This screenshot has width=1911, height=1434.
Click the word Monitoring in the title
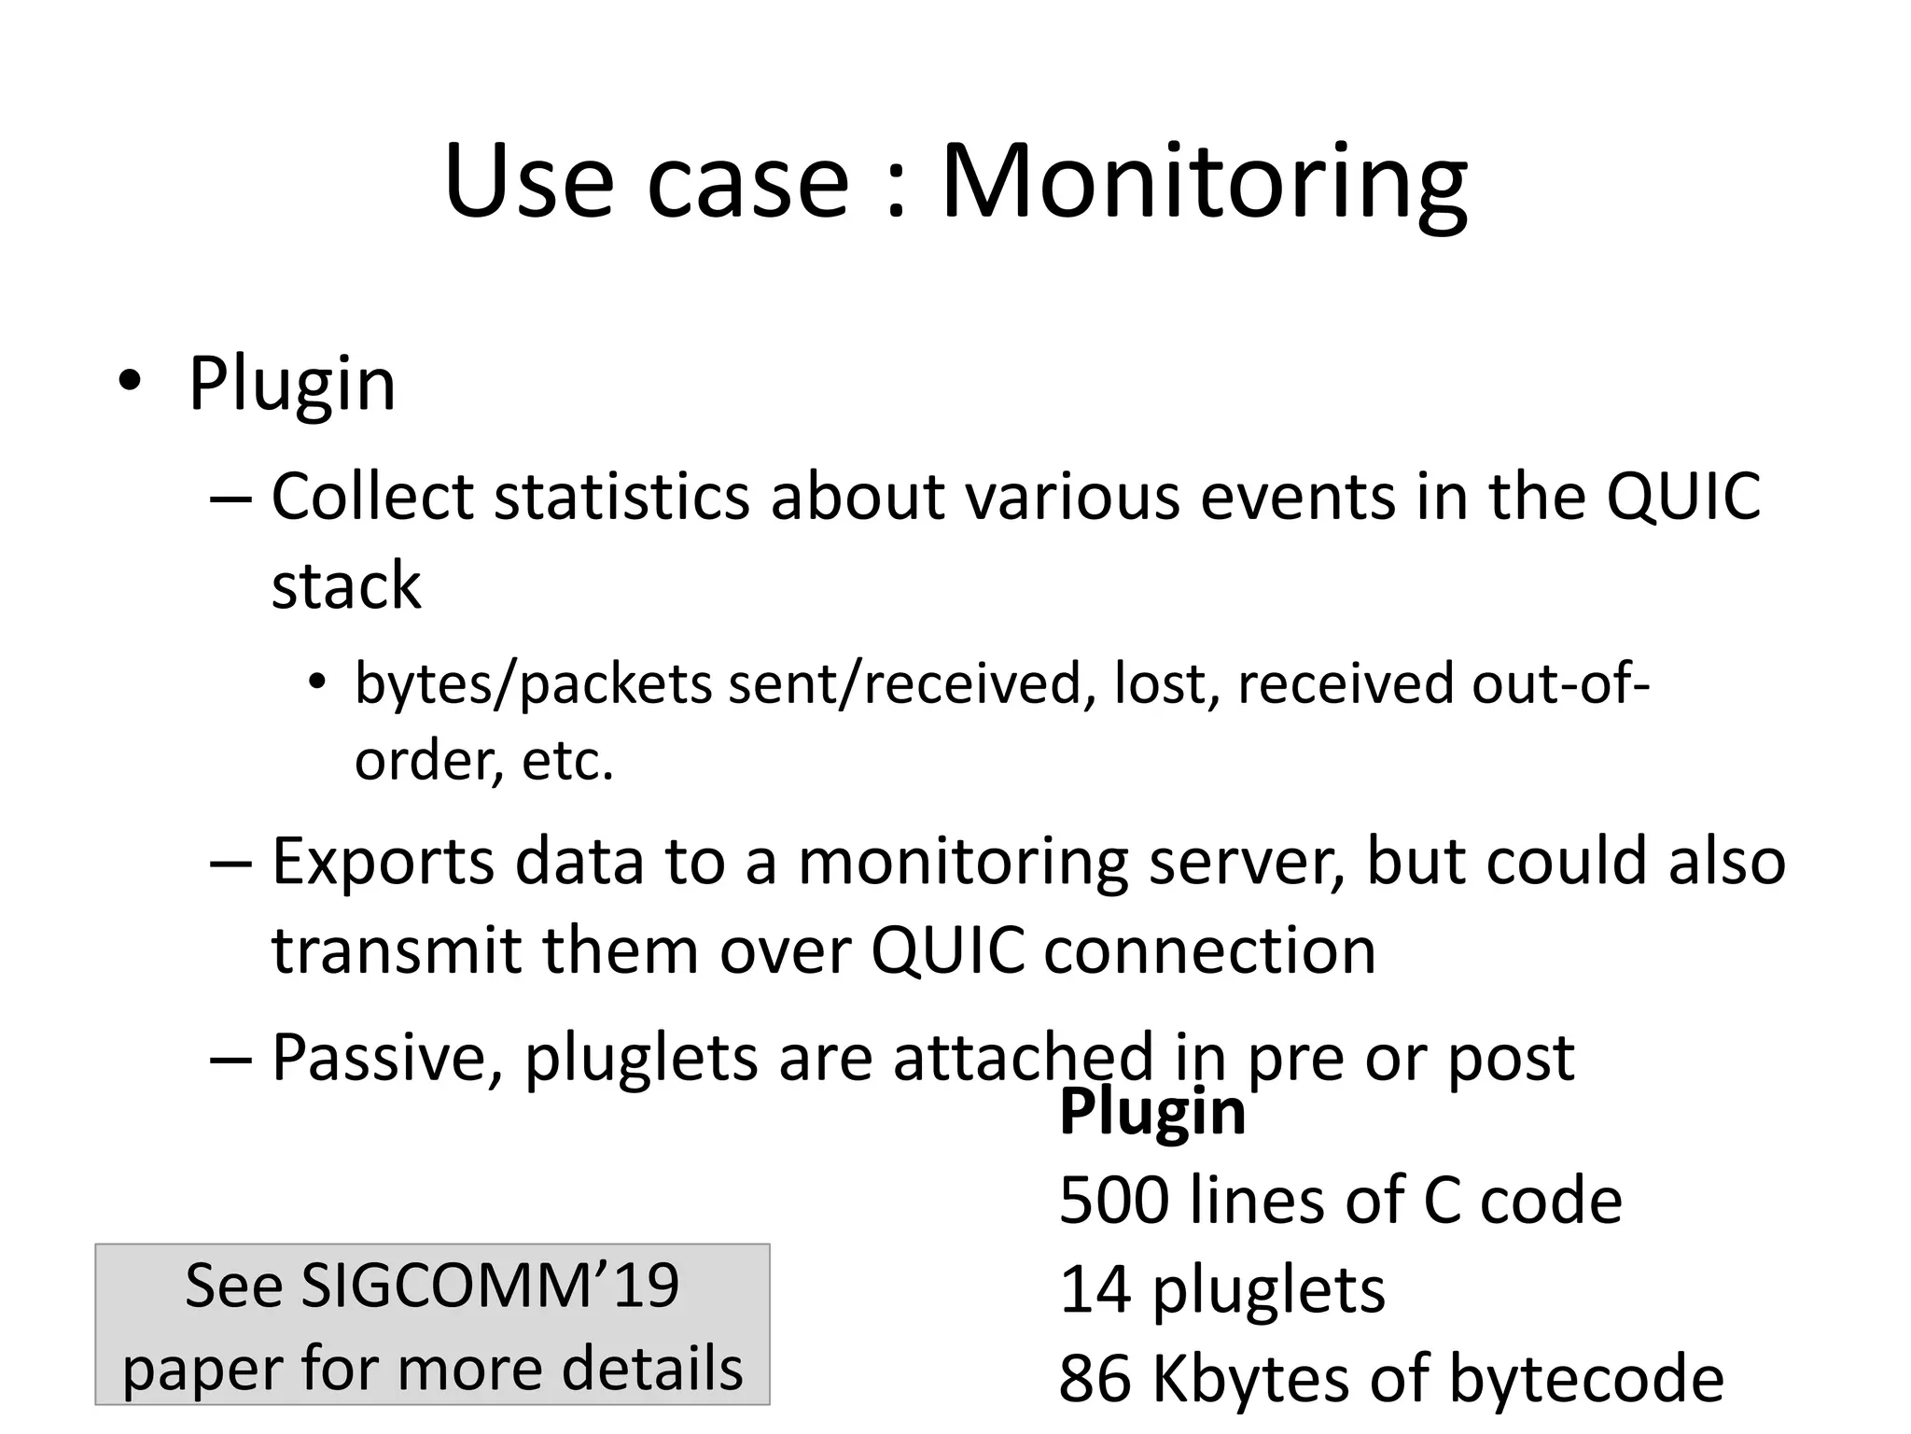(1204, 182)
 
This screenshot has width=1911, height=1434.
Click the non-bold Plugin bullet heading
(292, 384)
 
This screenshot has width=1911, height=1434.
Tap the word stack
(346, 585)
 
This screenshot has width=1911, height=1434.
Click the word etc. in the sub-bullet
(567, 761)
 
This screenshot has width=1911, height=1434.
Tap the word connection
(1209, 950)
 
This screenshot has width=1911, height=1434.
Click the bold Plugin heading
(1152, 1112)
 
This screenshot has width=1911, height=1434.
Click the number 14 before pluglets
(1095, 1289)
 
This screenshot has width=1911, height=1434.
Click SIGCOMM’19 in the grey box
(489, 1286)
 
